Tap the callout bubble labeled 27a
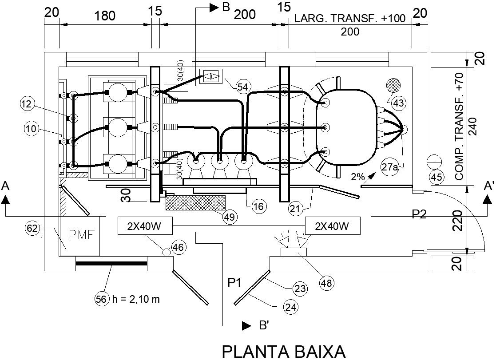click(x=390, y=167)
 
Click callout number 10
click(x=31, y=129)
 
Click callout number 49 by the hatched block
click(x=230, y=217)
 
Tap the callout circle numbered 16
click(x=258, y=206)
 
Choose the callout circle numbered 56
click(x=102, y=299)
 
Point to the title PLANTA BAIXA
click(x=283, y=351)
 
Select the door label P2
click(x=419, y=215)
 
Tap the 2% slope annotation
click(x=357, y=177)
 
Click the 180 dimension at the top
click(x=105, y=16)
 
